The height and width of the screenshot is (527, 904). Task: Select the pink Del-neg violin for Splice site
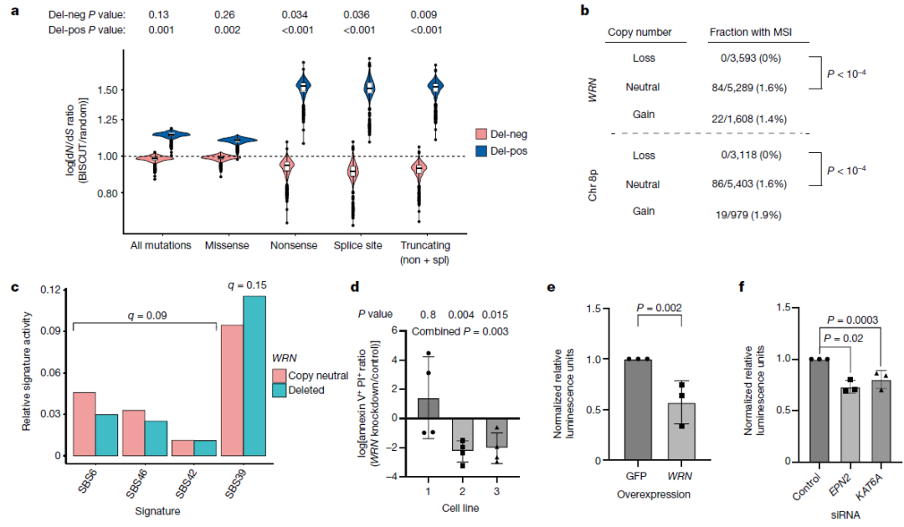click(352, 171)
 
